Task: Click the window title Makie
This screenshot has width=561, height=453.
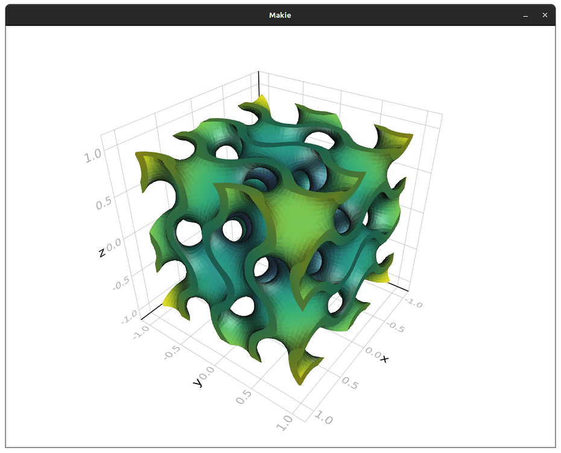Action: pos(280,15)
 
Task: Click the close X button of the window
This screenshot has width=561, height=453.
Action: pos(545,15)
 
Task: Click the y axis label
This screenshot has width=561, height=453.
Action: pos(197,382)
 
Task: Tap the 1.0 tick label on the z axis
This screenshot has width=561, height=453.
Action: pos(94,156)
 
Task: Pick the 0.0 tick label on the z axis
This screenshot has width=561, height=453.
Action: pos(114,243)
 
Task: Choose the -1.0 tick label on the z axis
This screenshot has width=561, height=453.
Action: pos(130,317)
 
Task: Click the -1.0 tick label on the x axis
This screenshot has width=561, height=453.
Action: pos(414,301)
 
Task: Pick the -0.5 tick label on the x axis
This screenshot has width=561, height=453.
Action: pos(395,326)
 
